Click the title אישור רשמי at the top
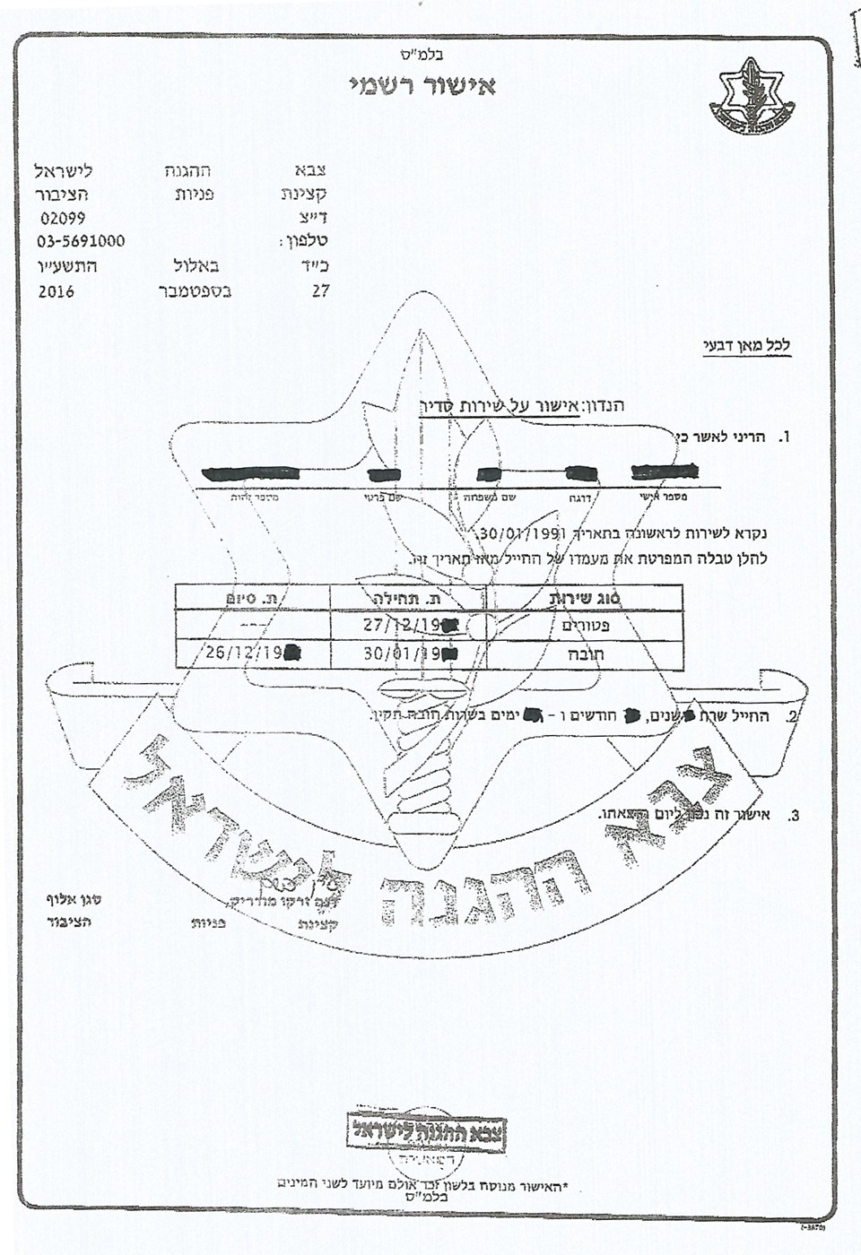(x=422, y=87)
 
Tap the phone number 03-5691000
(x=81, y=241)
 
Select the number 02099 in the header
(x=63, y=218)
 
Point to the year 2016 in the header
(x=56, y=291)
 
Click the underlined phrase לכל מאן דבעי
(x=746, y=346)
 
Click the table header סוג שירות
(x=585, y=597)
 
